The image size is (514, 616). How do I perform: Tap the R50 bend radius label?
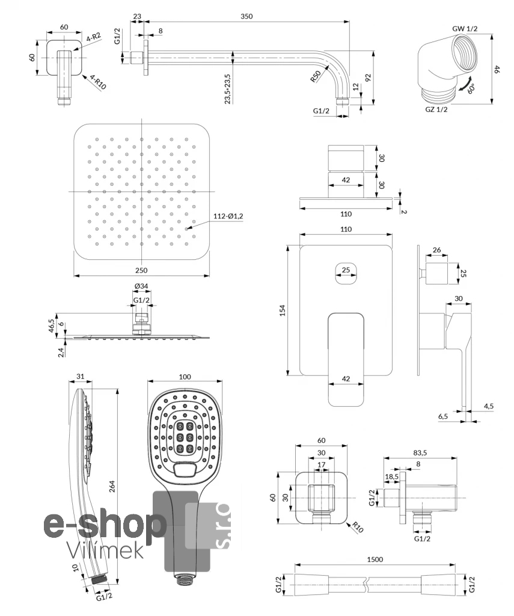(x=314, y=77)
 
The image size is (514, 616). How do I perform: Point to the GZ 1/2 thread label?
(x=436, y=109)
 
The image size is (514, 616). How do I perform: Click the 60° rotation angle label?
(x=472, y=89)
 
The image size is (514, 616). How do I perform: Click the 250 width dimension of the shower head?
(x=142, y=270)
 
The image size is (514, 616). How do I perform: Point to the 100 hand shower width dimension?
(x=185, y=377)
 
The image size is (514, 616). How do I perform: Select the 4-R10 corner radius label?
(x=98, y=82)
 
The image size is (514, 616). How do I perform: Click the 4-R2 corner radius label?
(x=93, y=37)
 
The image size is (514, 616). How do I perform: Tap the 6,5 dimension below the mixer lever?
(x=443, y=416)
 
